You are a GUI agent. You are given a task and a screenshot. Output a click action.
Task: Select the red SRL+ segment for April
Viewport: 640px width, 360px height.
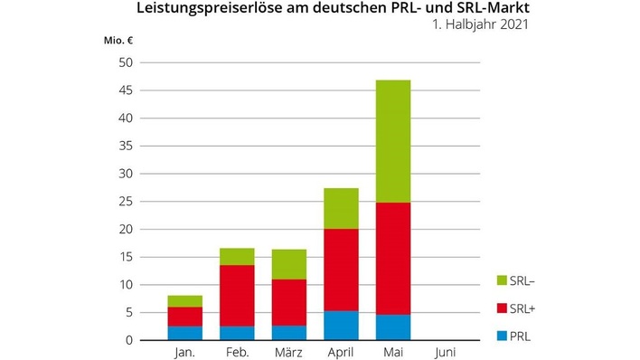click(x=341, y=270)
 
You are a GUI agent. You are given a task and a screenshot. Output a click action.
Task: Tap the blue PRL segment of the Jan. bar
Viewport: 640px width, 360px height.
click(x=184, y=333)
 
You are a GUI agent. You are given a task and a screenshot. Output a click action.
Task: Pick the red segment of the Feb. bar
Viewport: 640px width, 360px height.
click(x=237, y=296)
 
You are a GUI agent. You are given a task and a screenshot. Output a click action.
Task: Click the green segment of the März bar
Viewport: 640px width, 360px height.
click(x=288, y=264)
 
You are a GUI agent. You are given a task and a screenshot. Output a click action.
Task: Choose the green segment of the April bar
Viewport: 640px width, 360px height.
click(x=341, y=208)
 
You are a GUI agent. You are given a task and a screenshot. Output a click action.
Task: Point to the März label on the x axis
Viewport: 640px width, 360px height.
click(x=288, y=351)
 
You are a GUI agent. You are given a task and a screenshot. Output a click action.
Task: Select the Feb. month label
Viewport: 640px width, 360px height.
click(x=237, y=351)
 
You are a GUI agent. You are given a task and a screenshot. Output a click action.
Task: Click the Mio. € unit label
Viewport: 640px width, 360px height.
click(x=118, y=40)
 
